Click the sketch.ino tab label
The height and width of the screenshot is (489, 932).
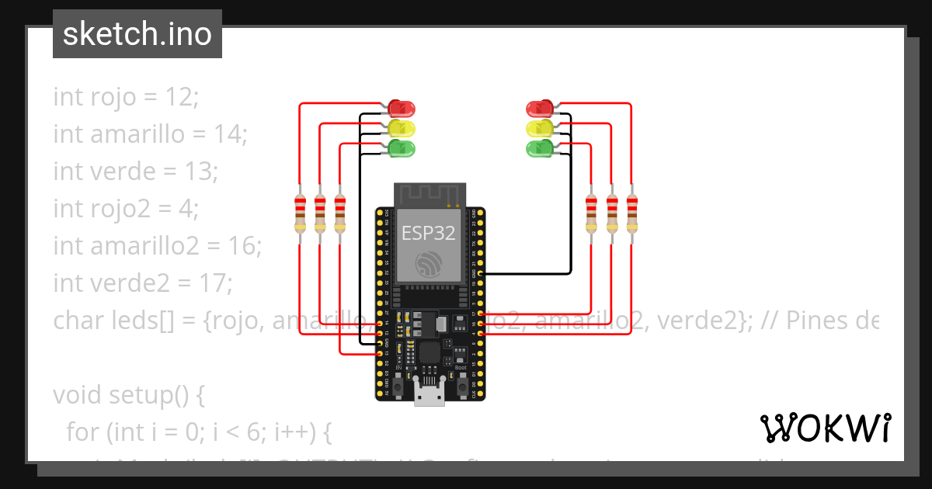point(137,34)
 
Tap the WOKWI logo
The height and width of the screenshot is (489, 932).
point(825,428)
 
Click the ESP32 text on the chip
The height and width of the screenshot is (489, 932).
point(428,234)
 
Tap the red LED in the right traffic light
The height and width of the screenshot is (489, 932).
point(539,108)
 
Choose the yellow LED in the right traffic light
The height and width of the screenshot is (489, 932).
point(539,127)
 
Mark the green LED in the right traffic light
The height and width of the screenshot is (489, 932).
point(539,147)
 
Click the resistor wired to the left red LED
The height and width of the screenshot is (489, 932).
point(300,213)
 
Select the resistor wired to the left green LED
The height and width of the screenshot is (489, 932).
point(339,213)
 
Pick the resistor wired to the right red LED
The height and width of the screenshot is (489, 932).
point(631,213)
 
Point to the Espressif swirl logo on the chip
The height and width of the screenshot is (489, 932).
point(428,264)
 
